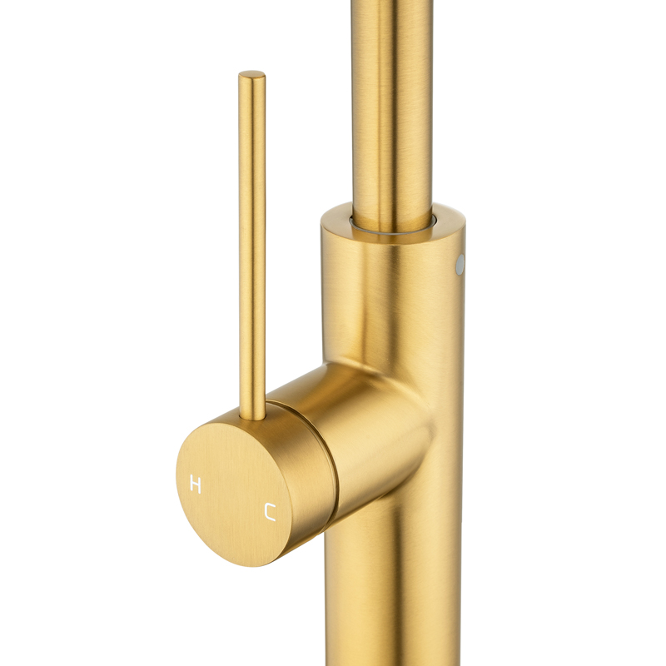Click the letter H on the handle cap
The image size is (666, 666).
click(196, 485)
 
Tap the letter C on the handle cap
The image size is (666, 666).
click(270, 511)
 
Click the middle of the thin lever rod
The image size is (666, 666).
click(252, 246)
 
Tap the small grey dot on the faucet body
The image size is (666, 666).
click(460, 263)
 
